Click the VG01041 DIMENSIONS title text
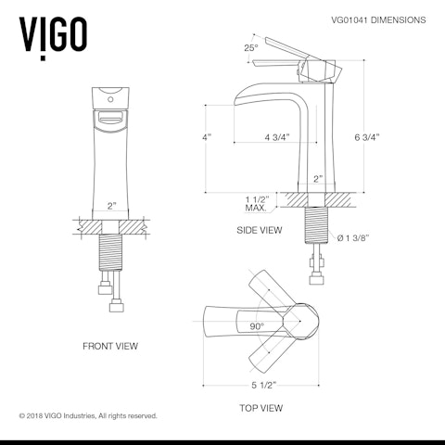click(378, 19)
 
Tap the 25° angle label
click(250, 47)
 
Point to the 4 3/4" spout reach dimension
click(277, 137)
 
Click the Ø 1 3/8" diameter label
click(354, 238)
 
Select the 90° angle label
click(257, 326)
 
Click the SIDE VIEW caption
click(259, 230)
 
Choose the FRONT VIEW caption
click(110, 346)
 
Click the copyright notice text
click(88, 415)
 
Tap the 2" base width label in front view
click(111, 206)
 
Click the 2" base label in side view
click(316, 178)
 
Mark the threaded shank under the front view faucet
click(111, 250)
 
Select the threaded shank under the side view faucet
click(316, 228)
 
